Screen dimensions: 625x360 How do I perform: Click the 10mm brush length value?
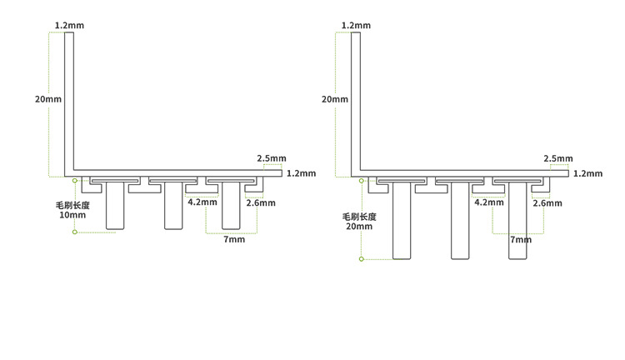[x=72, y=215]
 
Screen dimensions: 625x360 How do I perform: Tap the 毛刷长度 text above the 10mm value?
[x=72, y=204]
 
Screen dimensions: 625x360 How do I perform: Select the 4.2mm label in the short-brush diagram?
[x=202, y=202]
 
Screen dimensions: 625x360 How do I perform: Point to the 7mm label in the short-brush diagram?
[x=235, y=240]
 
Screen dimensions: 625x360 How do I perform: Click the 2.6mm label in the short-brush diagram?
[x=261, y=202]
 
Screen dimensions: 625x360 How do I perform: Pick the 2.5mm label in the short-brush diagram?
[x=272, y=158]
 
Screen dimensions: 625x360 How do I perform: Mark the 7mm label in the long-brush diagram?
[x=521, y=240]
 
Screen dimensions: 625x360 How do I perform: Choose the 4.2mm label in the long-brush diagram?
[x=489, y=202]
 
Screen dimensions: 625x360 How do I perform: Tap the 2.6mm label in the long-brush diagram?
[x=547, y=202]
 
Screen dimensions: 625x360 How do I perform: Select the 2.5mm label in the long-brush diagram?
[x=558, y=158]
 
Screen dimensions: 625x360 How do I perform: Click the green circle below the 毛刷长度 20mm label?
[x=361, y=259]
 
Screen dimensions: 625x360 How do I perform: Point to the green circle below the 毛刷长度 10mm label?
[x=74, y=232]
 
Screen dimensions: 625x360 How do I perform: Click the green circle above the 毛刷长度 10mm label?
[x=74, y=179]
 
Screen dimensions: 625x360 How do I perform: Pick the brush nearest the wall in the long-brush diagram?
[x=402, y=221]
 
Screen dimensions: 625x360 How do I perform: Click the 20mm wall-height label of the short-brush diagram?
[x=47, y=99]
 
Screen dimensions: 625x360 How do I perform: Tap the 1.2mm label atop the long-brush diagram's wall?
[x=356, y=26]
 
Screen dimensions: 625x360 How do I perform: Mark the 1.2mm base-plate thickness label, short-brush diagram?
[x=301, y=173]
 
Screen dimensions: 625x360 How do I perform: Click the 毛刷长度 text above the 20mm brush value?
[x=359, y=215]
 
